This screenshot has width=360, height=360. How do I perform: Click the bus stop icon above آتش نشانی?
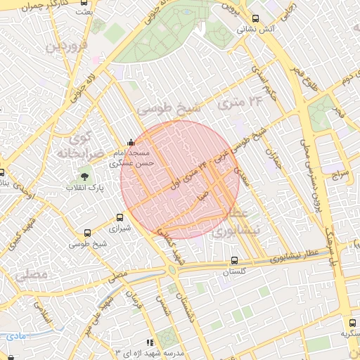tap(254, 19)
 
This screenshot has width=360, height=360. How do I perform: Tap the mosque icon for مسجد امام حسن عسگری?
tap(130, 142)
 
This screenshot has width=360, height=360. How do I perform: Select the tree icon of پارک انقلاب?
tap(86, 176)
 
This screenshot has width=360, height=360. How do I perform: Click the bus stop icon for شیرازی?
tap(120, 217)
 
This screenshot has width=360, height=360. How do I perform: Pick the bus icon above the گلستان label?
tap(234, 260)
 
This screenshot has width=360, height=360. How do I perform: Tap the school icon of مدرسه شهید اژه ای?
tap(148, 342)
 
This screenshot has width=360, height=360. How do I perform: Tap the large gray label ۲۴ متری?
tap(239, 103)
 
